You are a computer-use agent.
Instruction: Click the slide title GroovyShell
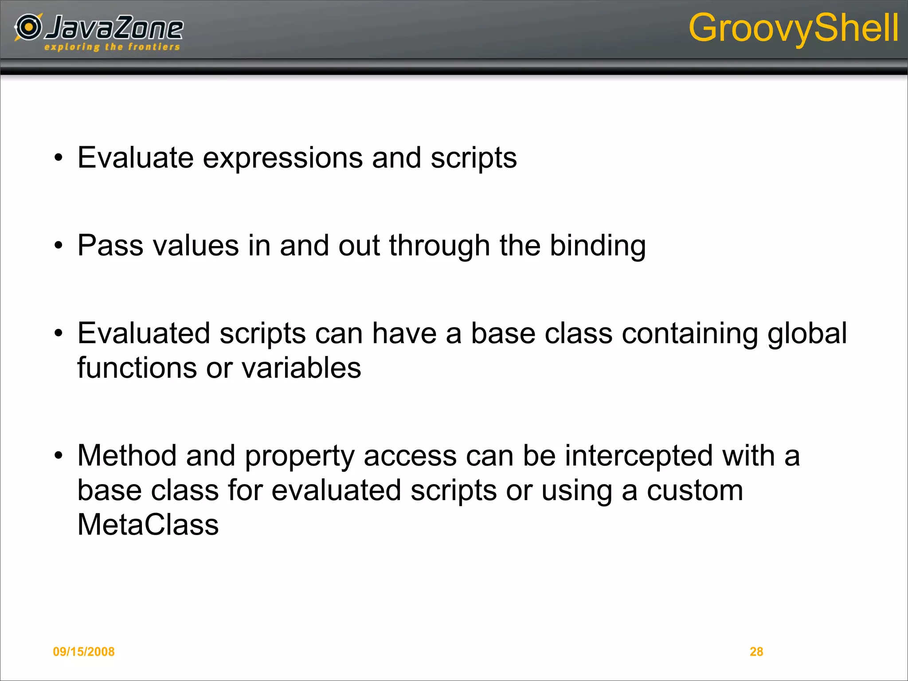[793, 28]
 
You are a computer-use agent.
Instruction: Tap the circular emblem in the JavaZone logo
[29, 27]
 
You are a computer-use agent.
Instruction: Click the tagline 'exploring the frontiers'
[112, 47]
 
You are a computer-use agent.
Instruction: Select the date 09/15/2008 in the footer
[83, 651]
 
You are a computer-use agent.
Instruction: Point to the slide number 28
[756, 651]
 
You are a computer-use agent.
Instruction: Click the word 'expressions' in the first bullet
[282, 158]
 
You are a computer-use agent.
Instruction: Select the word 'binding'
[597, 246]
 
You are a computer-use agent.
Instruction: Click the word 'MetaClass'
[148, 524]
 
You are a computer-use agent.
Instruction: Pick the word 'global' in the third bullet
[807, 333]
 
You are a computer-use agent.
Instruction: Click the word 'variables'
[301, 368]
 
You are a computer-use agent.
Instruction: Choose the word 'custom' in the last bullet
[694, 490]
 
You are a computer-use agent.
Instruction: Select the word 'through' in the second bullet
[439, 246]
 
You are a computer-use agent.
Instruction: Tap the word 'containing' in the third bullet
[689, 334]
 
